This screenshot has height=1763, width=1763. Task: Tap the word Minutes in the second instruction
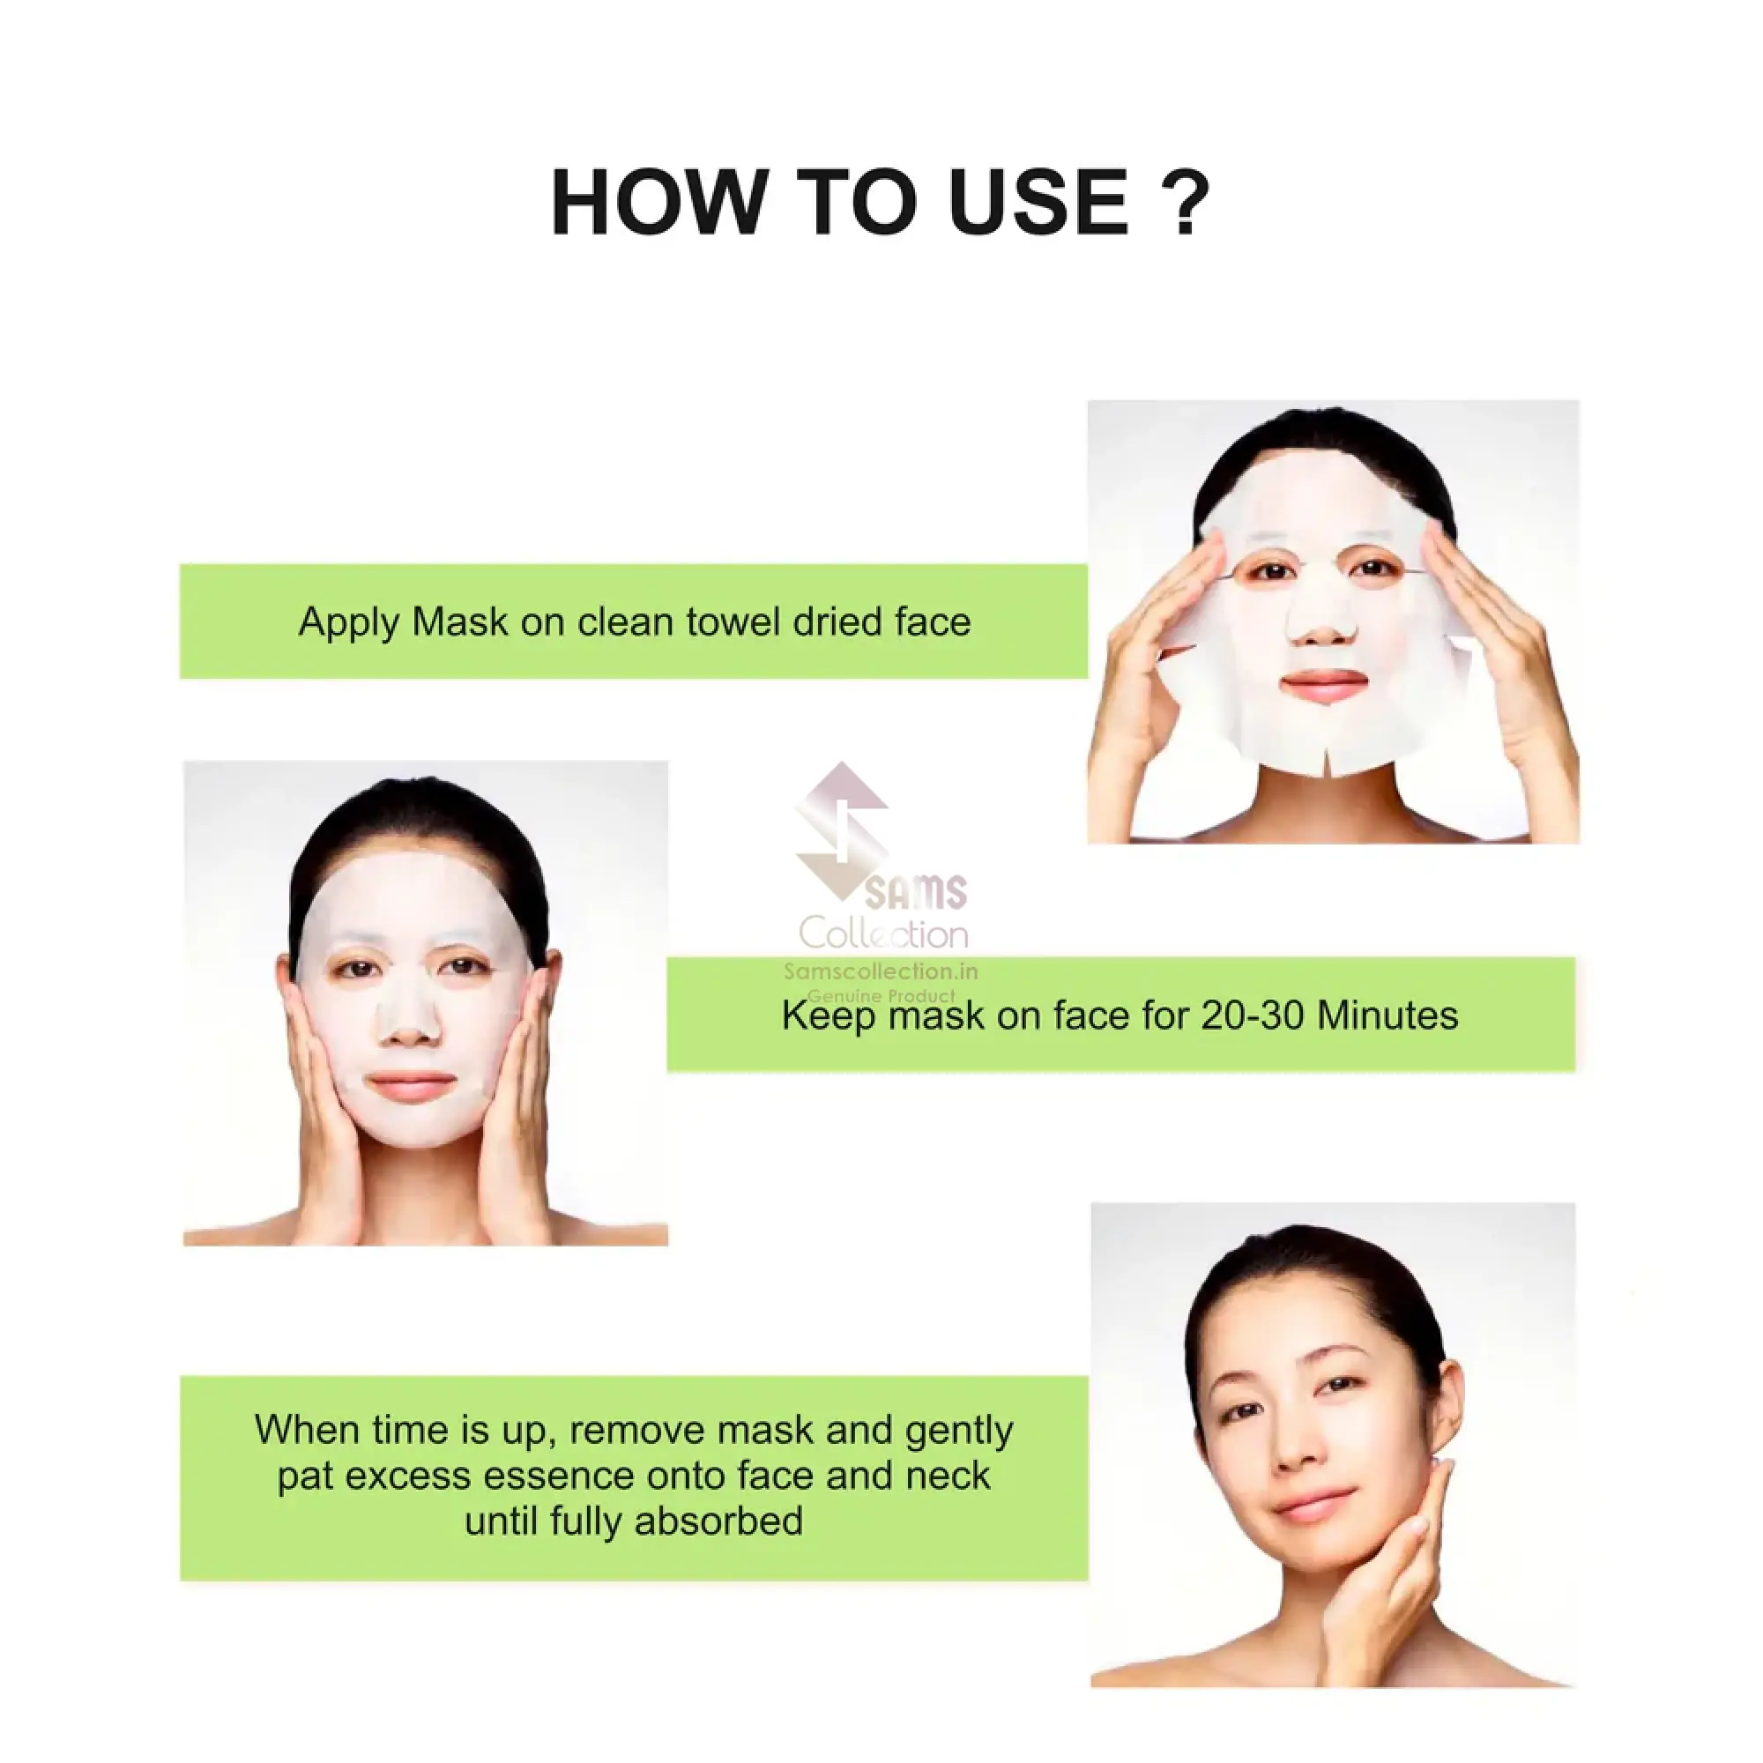(x=1388, y=1015)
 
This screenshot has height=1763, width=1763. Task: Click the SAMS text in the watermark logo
(x=915, y=892)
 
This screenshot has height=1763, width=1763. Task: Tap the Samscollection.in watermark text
(x=881, y=971)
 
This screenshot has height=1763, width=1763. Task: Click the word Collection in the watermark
(x=883, y=933)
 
